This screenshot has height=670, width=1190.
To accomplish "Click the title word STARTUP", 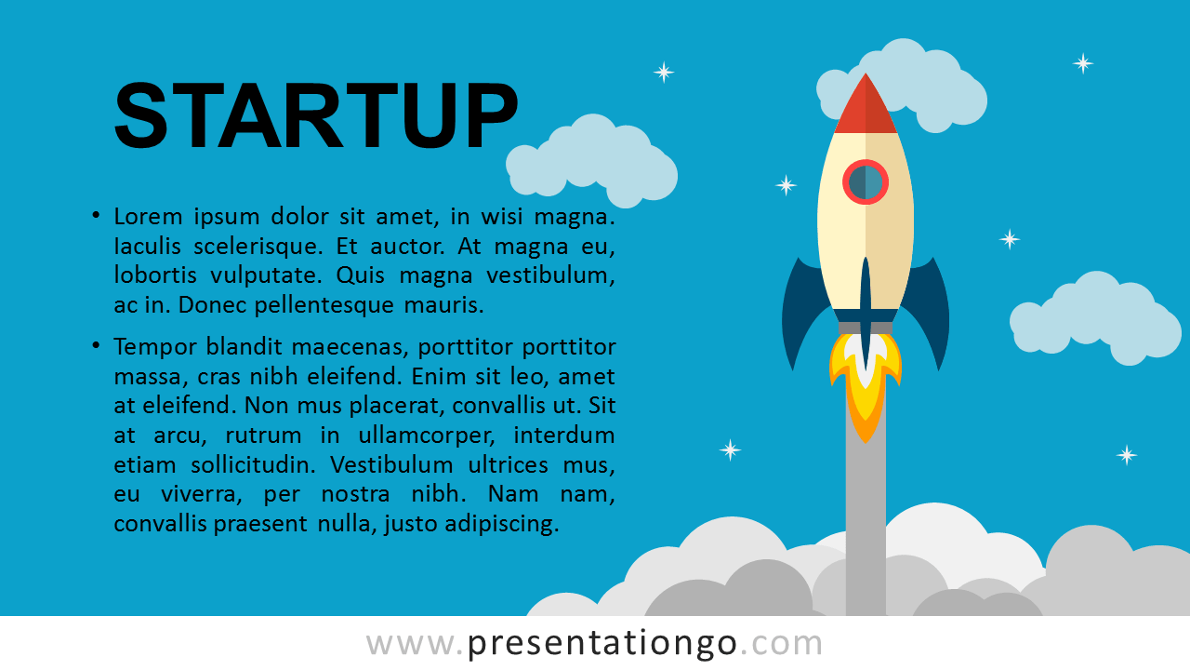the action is click(x=315, y=114).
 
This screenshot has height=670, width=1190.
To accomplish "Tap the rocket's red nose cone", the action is click(x=866, y=106).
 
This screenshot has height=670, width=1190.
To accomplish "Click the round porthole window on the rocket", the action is click(x=866, y=181).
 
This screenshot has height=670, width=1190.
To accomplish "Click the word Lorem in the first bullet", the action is click(x=148, y=217).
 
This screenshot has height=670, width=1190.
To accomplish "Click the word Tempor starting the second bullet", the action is click(x=154, y=348).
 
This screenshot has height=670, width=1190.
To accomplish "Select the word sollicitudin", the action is click(x=253, y=465).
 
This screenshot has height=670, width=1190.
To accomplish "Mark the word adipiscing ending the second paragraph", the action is click(x=502, y=525).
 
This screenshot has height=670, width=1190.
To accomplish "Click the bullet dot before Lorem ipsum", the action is click(x=96, y=215).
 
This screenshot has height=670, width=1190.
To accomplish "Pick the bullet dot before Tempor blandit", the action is click(x=96, y=345).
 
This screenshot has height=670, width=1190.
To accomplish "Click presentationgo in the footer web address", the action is click(x=602, y=645).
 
